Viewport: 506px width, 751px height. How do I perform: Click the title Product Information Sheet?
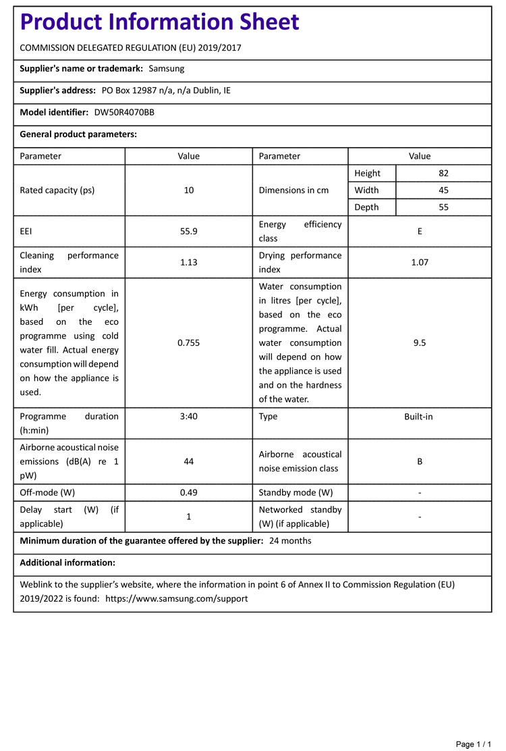click(x=159, y=22)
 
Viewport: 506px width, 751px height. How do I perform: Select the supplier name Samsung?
click(x=166, y=68)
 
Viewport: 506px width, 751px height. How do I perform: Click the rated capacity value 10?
click(x=189, y=190)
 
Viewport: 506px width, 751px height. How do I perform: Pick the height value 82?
click(x=443, y=174)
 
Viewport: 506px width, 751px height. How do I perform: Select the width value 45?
click(x=443, y=190)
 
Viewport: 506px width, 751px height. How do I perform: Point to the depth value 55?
click(x=443, y=207)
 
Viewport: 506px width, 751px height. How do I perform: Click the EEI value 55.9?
click(x=189, y=231)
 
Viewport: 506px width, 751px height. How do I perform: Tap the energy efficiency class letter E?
click(x=420, y=231)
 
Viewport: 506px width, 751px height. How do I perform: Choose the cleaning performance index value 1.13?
click(x=189, y=262)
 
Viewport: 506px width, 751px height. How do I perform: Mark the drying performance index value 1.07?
click(x=420, y=262)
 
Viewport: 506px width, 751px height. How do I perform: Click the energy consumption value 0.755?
click(x=189, y=342)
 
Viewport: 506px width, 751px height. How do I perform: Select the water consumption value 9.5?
click(x=420, y=342)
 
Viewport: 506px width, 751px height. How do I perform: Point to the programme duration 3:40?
click(x=189, y=417)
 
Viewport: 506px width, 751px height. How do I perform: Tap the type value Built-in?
click(x=419, y=417)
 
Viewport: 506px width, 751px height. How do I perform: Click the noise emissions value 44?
click(x=189, y=461)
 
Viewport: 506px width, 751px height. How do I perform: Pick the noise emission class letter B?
click(x=420, y=461)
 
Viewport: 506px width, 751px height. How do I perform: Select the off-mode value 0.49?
click(x=189, y=492)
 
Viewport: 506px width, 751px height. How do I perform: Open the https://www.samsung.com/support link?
click(x=177, y=598)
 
